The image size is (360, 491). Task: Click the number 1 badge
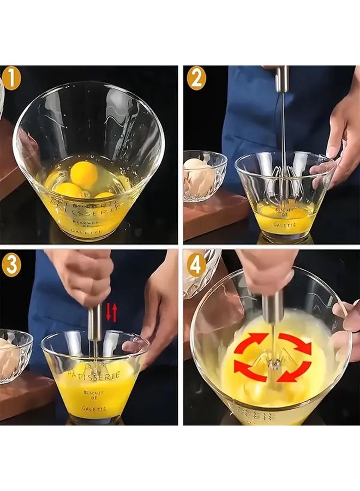pos(11,79)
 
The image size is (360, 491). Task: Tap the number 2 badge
pos(196,79)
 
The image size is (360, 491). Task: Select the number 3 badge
pos(11,265)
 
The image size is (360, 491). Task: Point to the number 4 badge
pos(196,265)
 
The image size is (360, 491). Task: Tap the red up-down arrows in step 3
pos(111,312)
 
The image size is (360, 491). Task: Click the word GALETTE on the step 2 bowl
pos(285,224)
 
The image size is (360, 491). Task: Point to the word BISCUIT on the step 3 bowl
pos(94,392)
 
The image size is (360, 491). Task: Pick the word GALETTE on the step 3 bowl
pos(94,408)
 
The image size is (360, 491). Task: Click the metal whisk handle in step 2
pos(281,80)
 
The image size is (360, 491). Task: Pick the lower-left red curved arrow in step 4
pos(250,369)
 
